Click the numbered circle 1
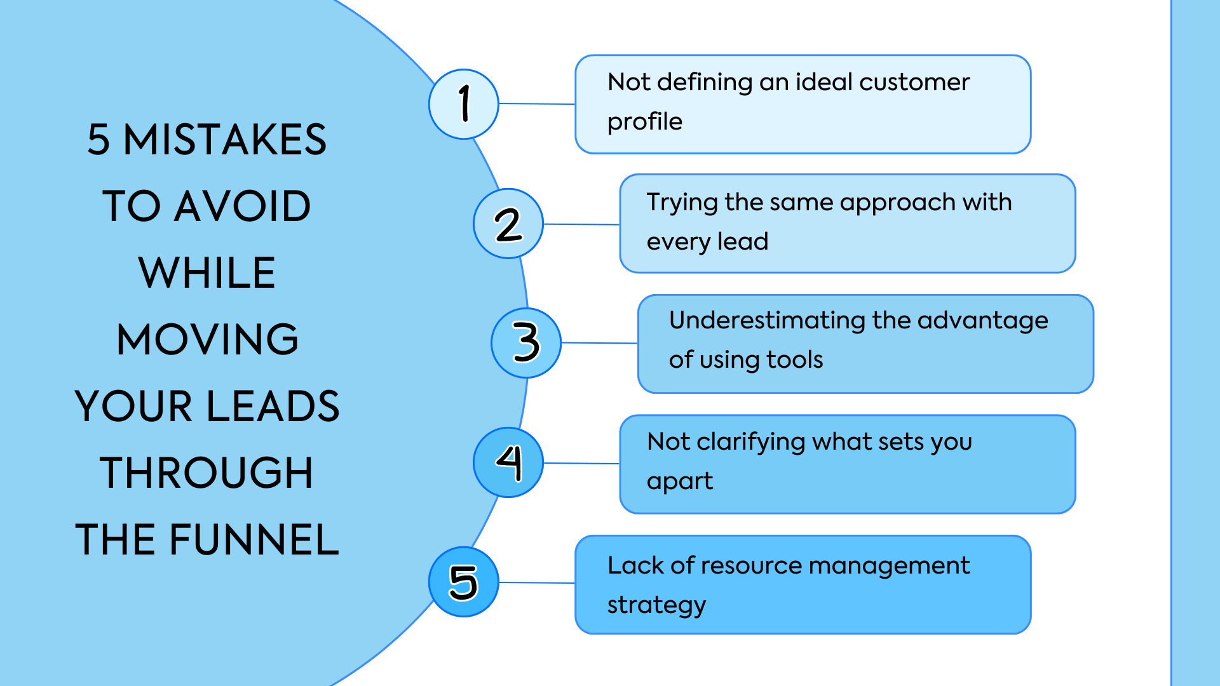(x=464, y=104)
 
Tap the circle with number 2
(x=508, y=224)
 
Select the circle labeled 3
(x=526, y=343)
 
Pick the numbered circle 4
(x=508, y=462)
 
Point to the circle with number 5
(x=464, y=582)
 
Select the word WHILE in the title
(x=207, y=273)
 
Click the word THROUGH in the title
(x=207, y=473)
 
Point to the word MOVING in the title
(x=207, y=339)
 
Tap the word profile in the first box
(x=644, y=121)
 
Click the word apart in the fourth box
(x=679, y=481)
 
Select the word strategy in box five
(x=656, y=605)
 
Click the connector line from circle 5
(x=537, y=582)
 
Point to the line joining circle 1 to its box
(x=537, y=104)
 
